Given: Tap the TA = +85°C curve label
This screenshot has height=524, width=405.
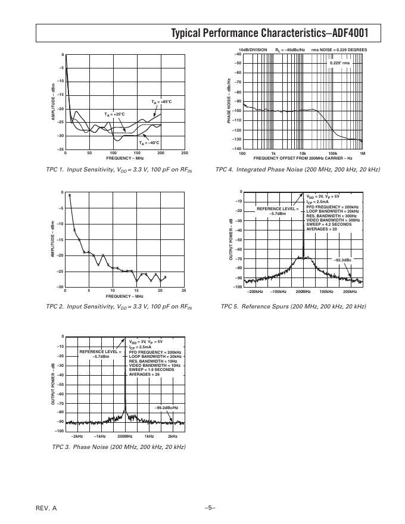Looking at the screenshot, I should [x=161, y=102].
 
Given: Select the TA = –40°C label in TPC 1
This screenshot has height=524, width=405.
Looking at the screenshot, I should [x=149, y=143].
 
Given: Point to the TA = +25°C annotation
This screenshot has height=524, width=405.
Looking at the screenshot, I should [x=115, y=114].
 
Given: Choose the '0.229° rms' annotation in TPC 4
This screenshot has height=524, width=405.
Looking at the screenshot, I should [x=339, y=63].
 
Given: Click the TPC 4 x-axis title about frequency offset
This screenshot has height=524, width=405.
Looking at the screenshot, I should [x=303, y=158].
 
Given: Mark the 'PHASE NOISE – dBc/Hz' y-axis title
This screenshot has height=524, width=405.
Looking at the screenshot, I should [x=229, y=101].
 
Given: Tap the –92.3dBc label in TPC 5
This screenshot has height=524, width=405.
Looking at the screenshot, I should [x=342, y=260].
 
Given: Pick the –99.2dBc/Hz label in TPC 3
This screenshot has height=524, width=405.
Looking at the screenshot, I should [x=166, y=407].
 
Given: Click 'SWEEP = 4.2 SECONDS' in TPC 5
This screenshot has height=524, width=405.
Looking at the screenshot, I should [x=329, y=224].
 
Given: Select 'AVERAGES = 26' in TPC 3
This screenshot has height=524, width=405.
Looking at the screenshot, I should [x=145, y=374].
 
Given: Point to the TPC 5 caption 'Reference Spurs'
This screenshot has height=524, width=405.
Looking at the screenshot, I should [x=293, y=307].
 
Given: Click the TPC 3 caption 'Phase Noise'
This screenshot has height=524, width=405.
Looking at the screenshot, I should [x=119, y=447].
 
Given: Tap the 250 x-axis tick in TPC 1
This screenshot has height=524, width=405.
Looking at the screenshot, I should [x=184, y=154].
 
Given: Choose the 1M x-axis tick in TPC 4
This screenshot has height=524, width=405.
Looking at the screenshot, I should [x=362, y=154].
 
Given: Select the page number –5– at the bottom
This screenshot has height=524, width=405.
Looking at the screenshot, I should [x=209, y=507].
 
